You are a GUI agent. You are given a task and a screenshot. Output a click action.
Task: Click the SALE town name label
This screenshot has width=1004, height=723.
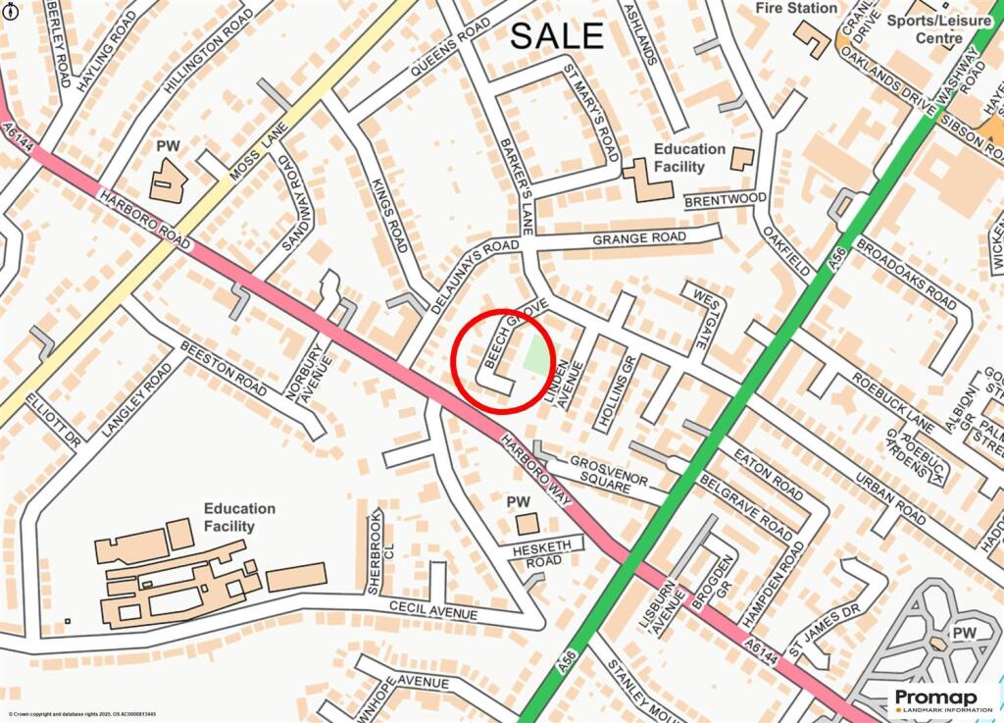coord(557,36)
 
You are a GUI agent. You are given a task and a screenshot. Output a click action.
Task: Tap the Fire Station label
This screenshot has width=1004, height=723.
coord(796,8)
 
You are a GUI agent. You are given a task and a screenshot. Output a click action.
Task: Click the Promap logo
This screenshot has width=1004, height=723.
coord(941,700)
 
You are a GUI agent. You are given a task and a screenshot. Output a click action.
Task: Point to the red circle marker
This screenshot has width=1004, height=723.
coord(504,359)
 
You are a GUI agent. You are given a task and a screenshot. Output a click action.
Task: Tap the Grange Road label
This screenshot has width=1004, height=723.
coord(639,238)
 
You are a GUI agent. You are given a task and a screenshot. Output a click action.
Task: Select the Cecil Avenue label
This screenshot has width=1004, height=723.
coord(432,608)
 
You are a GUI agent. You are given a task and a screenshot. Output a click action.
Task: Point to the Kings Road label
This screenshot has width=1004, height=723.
coord(391,214)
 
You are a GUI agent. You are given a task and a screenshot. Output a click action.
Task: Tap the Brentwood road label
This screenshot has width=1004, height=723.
coord(725,199)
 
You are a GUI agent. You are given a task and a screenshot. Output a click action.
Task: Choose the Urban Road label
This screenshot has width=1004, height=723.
coord(890,495)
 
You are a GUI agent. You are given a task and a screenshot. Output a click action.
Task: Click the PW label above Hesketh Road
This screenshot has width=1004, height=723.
coord(518,502)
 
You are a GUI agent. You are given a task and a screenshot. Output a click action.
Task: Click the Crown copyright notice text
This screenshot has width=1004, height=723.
coord(83,715)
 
